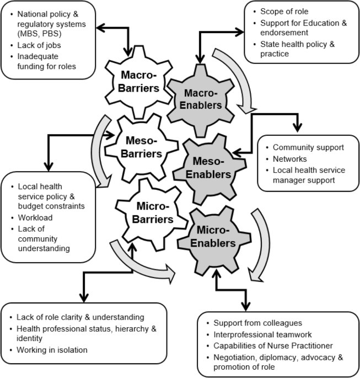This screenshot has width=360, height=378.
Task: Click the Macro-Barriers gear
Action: [138, 82]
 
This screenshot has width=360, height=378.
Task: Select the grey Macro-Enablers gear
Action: [201, 100]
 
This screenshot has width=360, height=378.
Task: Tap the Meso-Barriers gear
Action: [141, 147]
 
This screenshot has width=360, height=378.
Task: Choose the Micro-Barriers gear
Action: [152, 214]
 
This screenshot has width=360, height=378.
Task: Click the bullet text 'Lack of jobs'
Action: [39, 45]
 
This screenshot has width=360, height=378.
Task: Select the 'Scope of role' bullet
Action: [284, 12]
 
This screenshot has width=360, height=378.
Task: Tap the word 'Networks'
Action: [289, 159]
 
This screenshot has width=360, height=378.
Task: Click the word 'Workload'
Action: [35, 217]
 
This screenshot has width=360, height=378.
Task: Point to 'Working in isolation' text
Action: [52, 350]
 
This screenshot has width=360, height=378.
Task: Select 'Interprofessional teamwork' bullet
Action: [262, 334]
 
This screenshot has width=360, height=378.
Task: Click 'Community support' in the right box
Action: [308, 147]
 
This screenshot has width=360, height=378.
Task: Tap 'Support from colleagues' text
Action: [257, 323]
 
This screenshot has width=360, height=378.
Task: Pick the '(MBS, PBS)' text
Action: [39, 34]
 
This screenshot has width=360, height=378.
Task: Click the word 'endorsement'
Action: [284, 33]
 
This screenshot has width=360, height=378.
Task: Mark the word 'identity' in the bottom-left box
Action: [29, 338]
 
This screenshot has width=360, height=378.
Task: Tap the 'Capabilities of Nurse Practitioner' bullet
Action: [273, 345]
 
